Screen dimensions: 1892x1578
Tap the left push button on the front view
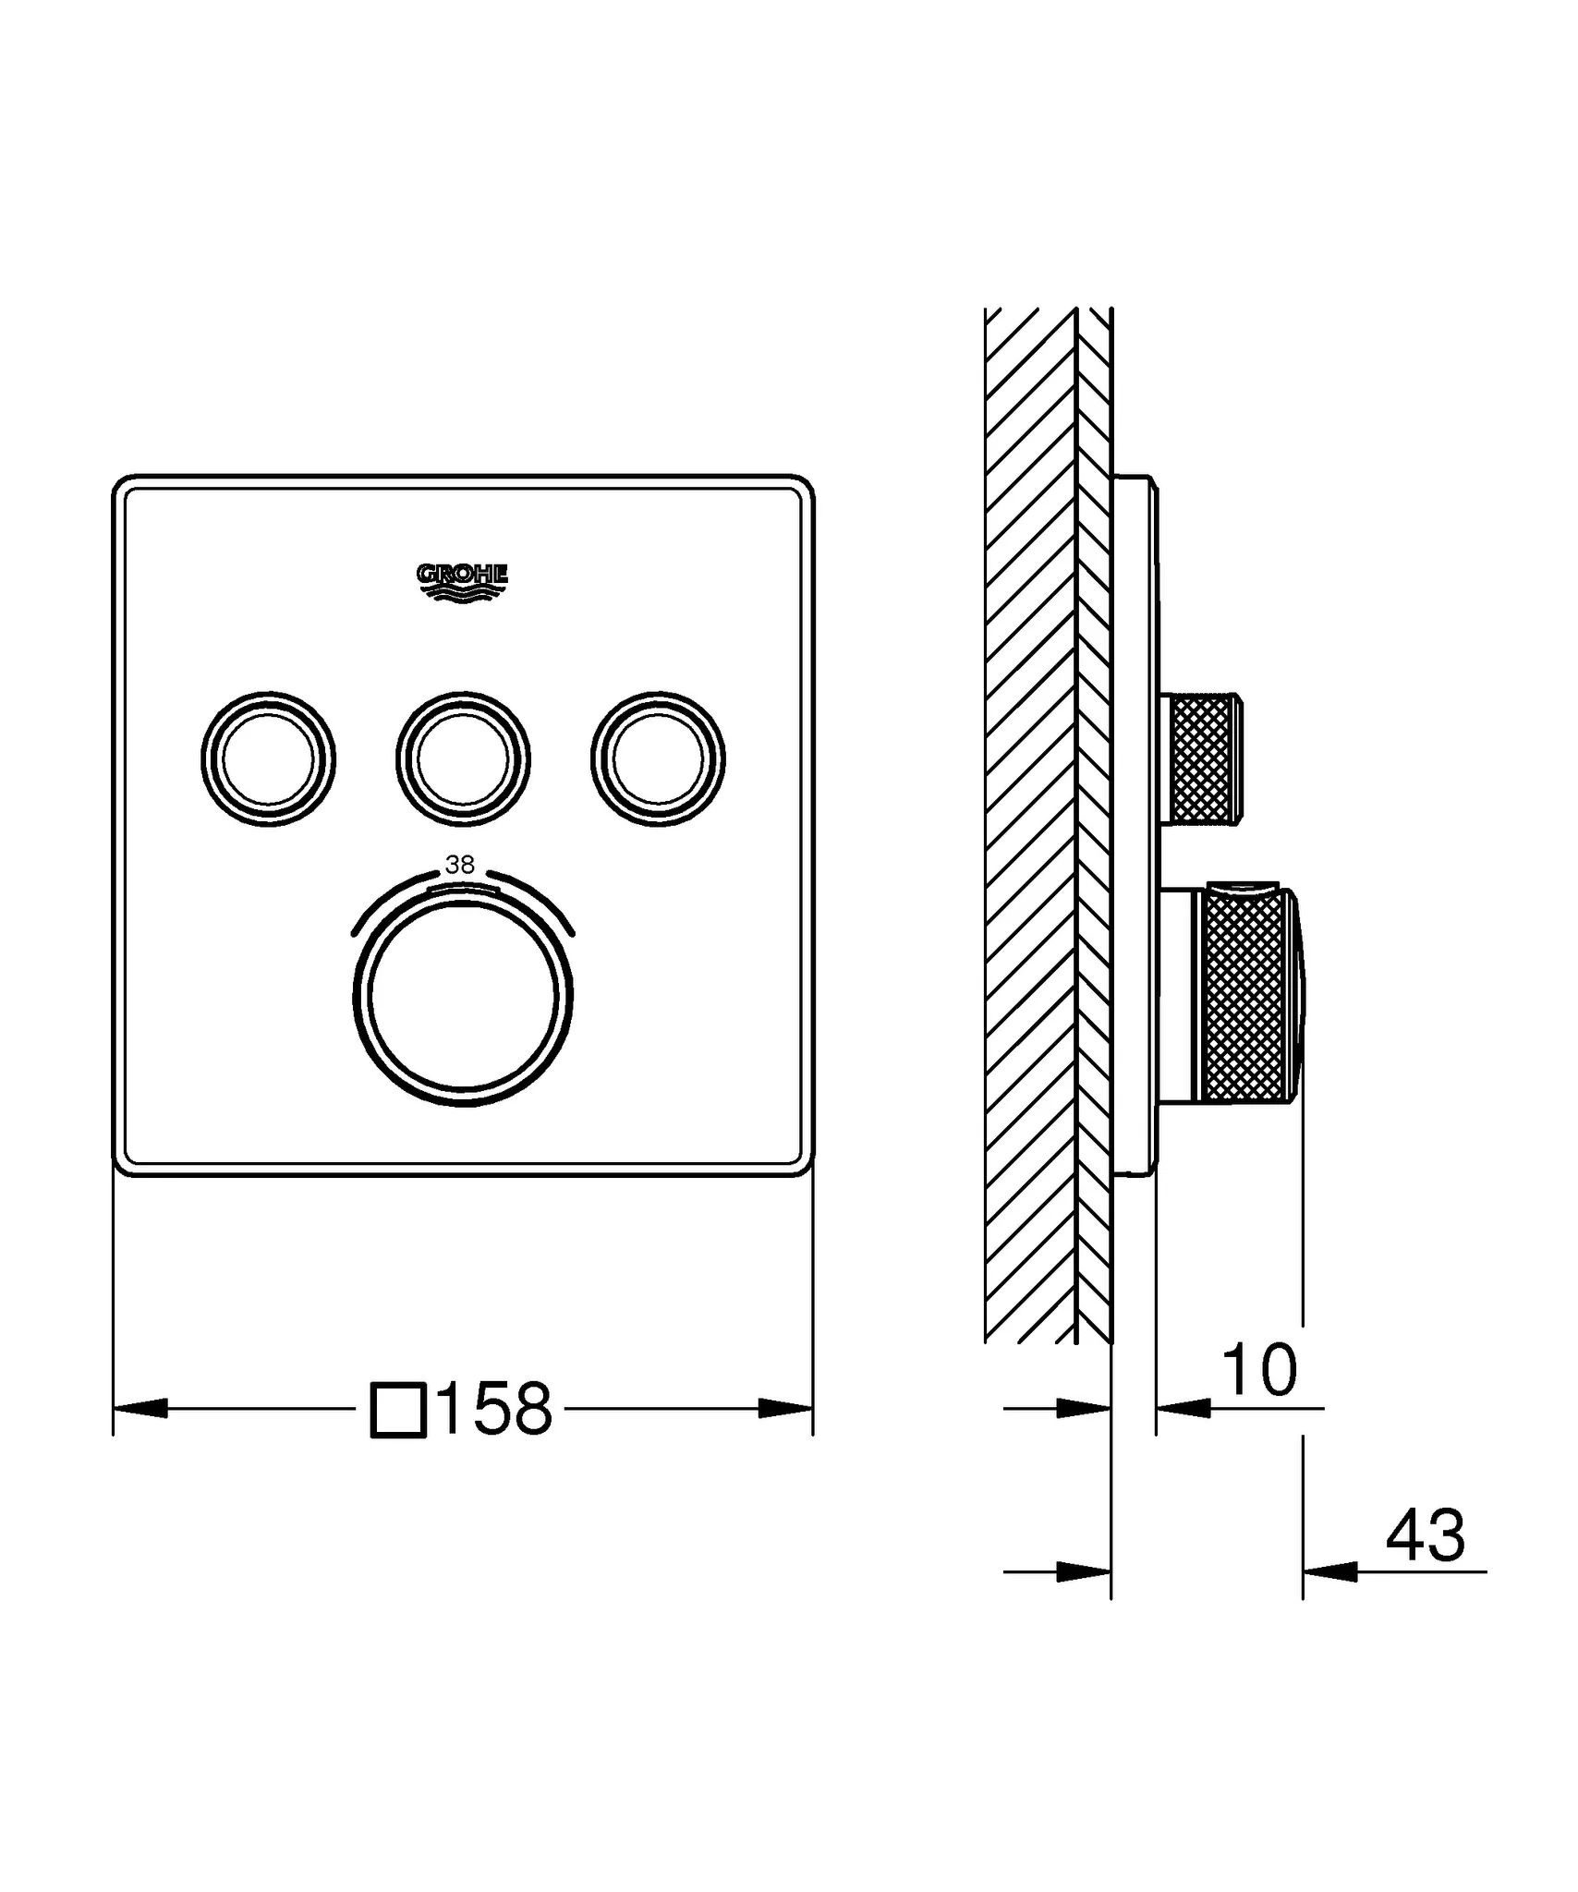[268, 758]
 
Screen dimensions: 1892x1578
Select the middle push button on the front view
[463, 758]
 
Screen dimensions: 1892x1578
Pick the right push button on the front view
[658, 758]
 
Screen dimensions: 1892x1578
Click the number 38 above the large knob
[459, 865]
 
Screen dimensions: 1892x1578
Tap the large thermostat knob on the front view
[463, 996]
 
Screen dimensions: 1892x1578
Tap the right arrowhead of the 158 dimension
[785, 1409]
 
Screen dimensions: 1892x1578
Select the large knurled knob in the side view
[1245, 996]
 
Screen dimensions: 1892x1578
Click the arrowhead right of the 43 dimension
[1330, 1571]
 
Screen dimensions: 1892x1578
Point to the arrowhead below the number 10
[1184, 1408]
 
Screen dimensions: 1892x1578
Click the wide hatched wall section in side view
[1030, 831]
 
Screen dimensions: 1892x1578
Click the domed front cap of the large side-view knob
[1299, 996]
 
